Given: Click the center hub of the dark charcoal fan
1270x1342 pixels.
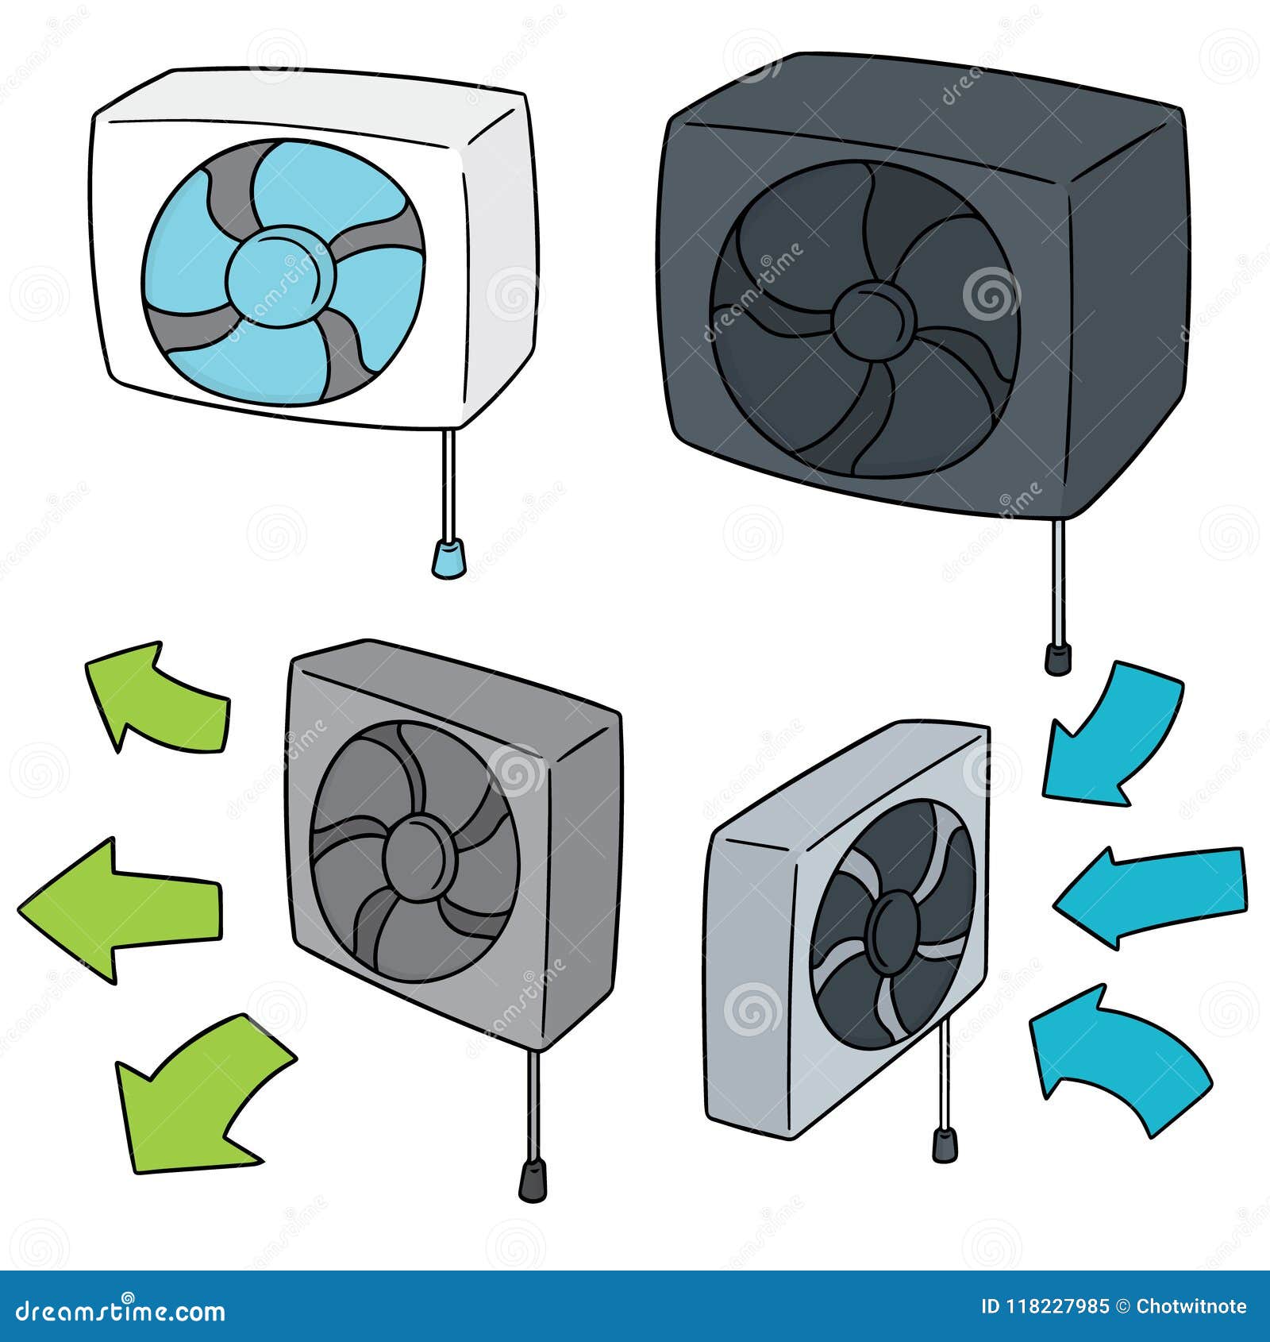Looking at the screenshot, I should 868,318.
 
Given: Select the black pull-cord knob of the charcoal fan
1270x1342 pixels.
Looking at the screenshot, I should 1057,658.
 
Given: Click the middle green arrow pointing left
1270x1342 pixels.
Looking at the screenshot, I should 119,910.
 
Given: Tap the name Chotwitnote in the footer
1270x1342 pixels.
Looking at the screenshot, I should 1191,1306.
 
